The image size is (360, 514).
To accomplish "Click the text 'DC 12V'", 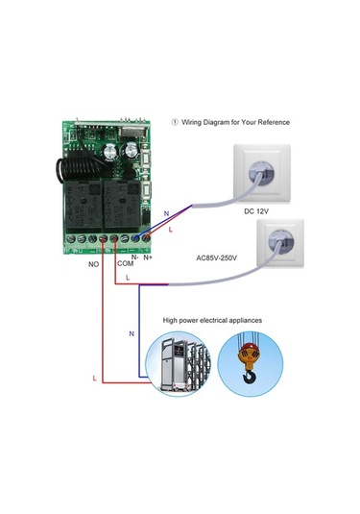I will coord(257,210).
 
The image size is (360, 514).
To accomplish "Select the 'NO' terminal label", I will coord(94,262).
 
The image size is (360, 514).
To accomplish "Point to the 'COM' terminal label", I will coord(126,262).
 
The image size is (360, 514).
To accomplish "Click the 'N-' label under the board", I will coord(135,255).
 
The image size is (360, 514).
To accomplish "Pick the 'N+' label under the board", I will coord(149,255).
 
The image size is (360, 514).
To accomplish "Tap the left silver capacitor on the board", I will coord(113,150).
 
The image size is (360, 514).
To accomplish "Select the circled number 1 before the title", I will coord(175,122).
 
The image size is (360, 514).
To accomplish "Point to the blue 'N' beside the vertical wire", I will coord(132,333).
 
